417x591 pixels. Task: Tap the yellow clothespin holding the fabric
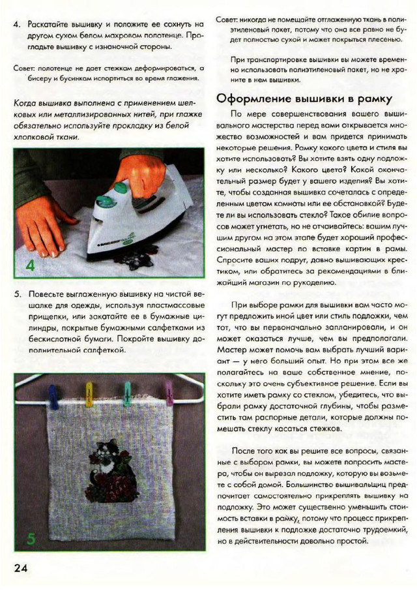point(89,394)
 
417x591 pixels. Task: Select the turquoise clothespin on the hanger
point(128,393)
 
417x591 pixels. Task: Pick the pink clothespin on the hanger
point(169,393)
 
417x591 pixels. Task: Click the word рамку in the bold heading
point(369,98)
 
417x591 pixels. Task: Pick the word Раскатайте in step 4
point(51,23)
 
